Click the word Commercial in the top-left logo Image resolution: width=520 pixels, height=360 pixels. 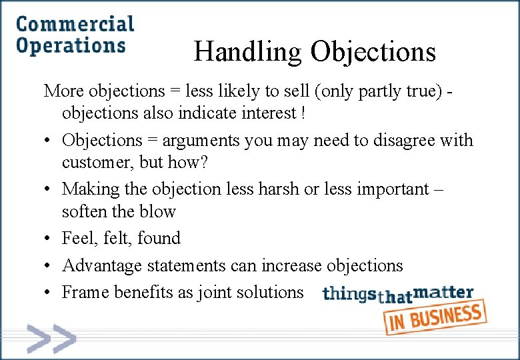pyautogui.click(x=75, y=25)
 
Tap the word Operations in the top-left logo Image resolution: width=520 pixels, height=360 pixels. pyautogui.click(x=70, y=46)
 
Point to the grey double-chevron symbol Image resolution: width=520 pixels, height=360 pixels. pyautogui.click(x=51, y=339)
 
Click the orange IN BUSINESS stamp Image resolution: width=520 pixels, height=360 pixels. pyautogui.click(x=435, y=317)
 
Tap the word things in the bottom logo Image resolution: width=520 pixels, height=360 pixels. pyautogui.click(x=349, y=294)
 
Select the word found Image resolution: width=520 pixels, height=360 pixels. pyautogui.click(x=159, y=238)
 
